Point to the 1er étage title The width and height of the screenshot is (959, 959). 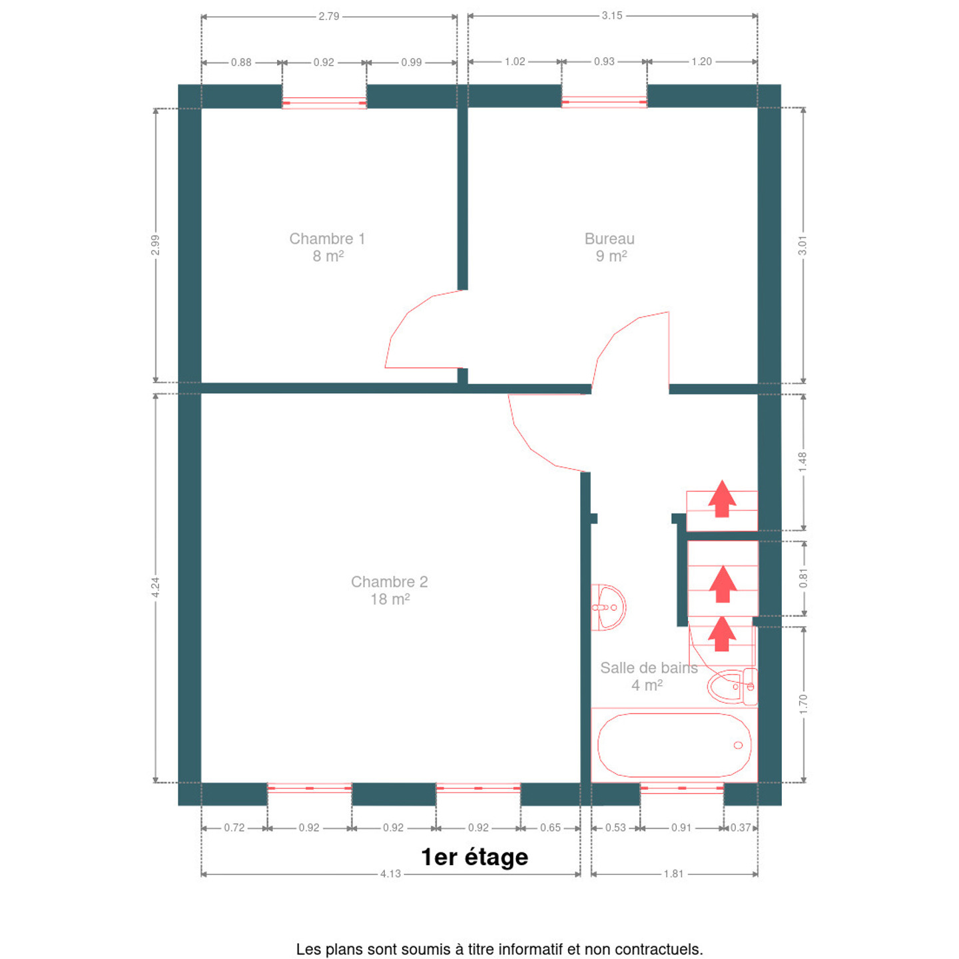[474, 857]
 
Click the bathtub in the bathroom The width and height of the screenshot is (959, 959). [675, 745]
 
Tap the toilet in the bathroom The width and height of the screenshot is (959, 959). [732, 687]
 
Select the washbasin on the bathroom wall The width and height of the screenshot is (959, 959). [608, 607]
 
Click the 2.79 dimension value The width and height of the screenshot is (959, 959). [329, 17]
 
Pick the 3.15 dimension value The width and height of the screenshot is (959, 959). [611, 15]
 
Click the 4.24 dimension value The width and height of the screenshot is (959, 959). [155, 587]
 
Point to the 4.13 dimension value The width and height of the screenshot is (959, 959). [391, 874]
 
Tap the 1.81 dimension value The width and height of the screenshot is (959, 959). [674, 874]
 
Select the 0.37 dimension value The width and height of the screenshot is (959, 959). [741, 828]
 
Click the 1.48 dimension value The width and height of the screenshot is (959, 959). [802, 462]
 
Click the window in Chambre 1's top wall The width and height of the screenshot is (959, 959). [324, 103]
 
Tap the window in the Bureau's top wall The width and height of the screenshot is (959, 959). [604, 101]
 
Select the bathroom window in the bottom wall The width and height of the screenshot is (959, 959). [681, 789]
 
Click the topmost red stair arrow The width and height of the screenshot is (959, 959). [722, 498]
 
